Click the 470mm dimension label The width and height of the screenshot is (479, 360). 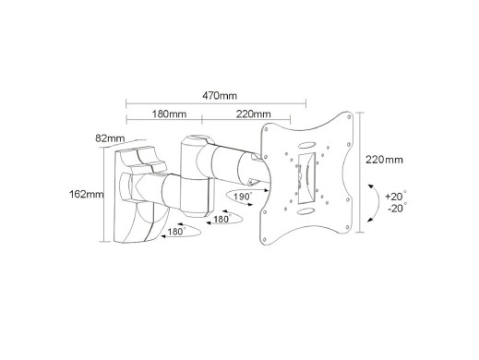click(x=220, y=96)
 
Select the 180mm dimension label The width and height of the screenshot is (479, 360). click(x=169, y=114)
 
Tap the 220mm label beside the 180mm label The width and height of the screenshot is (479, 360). click(x=253, y=114)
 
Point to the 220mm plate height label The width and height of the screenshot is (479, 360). click(x=384, y=160)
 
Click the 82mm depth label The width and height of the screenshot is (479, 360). click(x=110, y=138)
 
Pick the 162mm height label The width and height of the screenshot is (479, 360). click(x=87, y=194)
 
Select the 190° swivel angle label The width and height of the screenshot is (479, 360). click(x=243, y=197)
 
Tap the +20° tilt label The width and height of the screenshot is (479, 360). click(x=396, y=196)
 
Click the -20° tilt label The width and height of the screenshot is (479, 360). click(x=397, y=208)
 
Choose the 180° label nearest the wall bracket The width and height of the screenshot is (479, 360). click(x=176, y=232)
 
